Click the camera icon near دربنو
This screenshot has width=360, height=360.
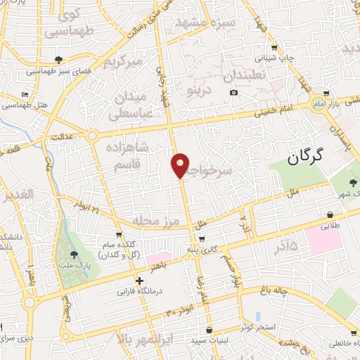click(x=233, y=92)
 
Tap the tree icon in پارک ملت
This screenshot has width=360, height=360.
click(x=75, y=255)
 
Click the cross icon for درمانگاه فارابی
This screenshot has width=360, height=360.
click(x=141, y=281)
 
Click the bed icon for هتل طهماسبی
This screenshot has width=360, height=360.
click(x=25, y=94)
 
